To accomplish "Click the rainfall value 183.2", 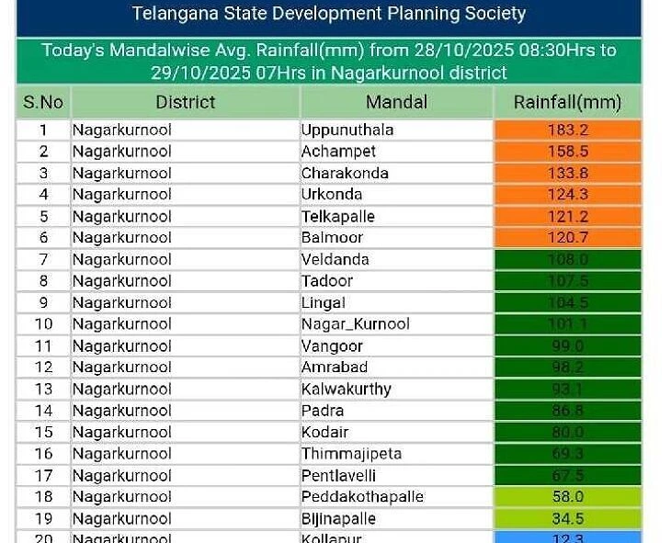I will pyautogui.click(x=567, y=130).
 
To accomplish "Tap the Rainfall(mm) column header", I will pyautogui.click(x=567, y=102).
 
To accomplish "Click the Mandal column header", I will pyautogui.click(x=396, y=102).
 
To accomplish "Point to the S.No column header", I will pyautogui.click(x=43, y=102).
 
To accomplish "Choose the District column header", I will pyautogui.click(x=185, y=102).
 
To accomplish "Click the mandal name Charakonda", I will pyautogui.click(x=345, y=173).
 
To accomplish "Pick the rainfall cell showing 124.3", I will pyautogui.click(x=567, y=195).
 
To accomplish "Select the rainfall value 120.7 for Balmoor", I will pyautogui.click(x=567, y=238).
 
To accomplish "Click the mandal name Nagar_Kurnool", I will pyautogui.click(x=356, y=324).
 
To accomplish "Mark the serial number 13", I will pyautogui.click(x=43, y=390).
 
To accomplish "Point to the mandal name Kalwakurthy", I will pyautogui.click(x=346, y=390).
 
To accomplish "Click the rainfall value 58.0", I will pyautogui.click(x=567, y=497).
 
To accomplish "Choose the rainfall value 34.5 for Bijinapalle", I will pyautogui.click(x=567, y=519).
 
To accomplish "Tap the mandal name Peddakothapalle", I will pyautogui.click(x=362, y=497).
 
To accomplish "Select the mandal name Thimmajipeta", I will pyautogui.click(x=351, y=454).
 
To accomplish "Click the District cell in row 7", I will pyautogui.click(x=122, y=260).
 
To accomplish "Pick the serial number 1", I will pyautogui.click(x=43, y=130).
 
